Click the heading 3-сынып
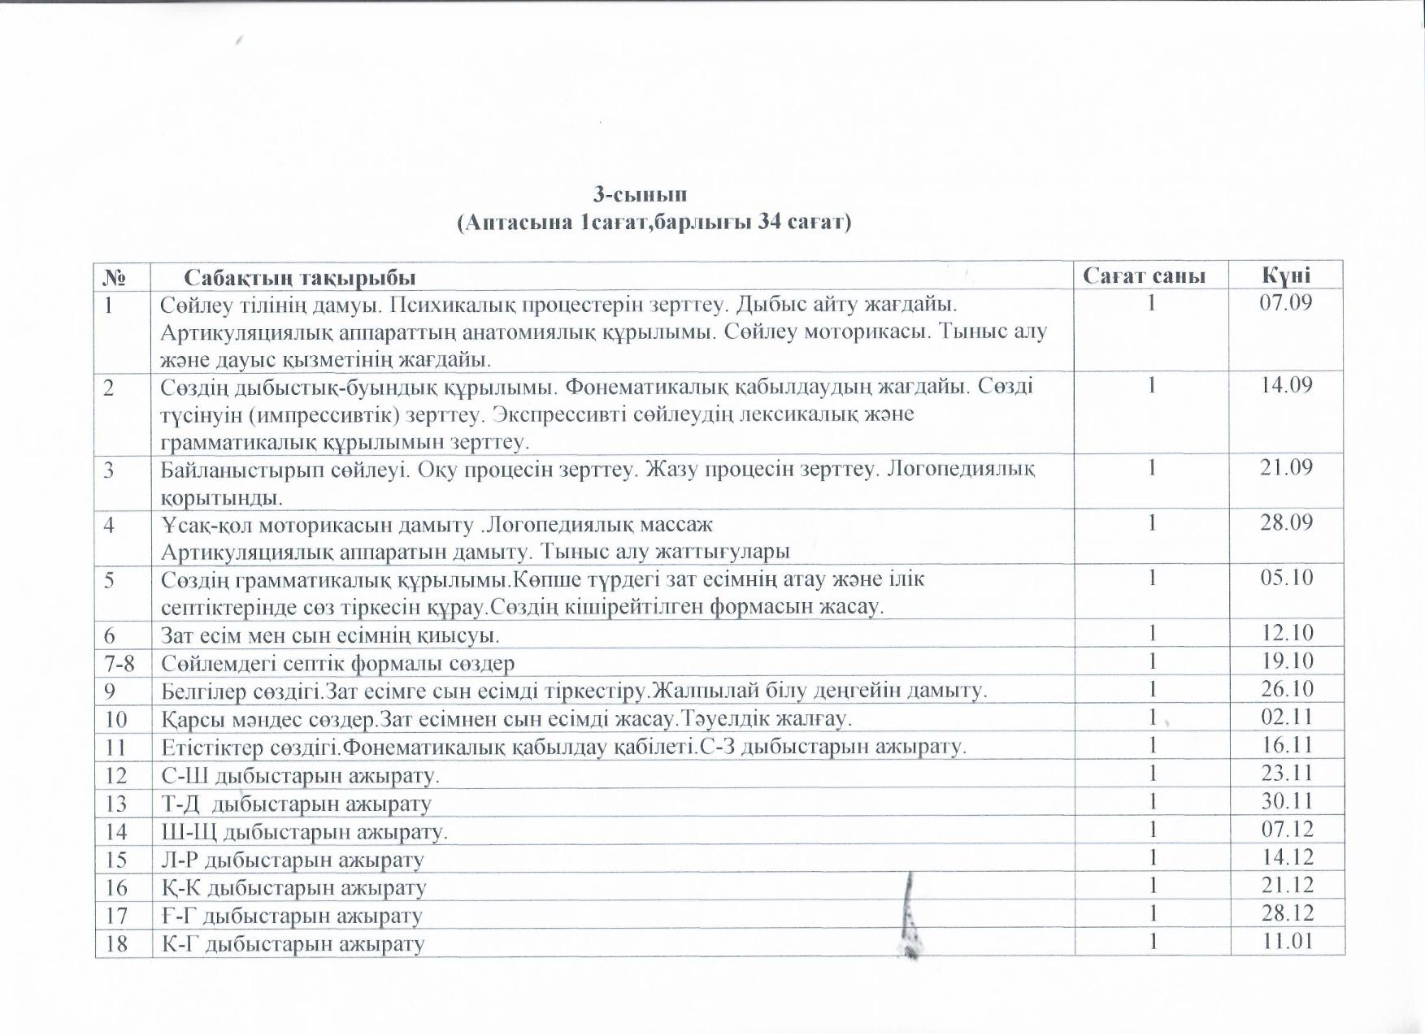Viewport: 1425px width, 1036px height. pyautogui.click(x=640, y=195)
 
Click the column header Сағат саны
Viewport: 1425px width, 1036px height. pyautogui.click(x=1144, y=276)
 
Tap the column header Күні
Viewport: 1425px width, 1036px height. pyautogui.click(x=1286, y=275)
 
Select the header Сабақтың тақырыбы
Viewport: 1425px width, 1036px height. pyautogui.click(x=299, y=278)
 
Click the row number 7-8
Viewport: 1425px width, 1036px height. pyautogui.click(x=119, y=663)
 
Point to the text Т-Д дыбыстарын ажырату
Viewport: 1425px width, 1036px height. pyautogui.click(x=296, y=804)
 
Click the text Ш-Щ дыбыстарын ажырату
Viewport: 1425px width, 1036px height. pyautogui.click(x=304, y=832)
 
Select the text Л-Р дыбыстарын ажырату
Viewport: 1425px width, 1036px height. pyautogui.click(x=293, y=860)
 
